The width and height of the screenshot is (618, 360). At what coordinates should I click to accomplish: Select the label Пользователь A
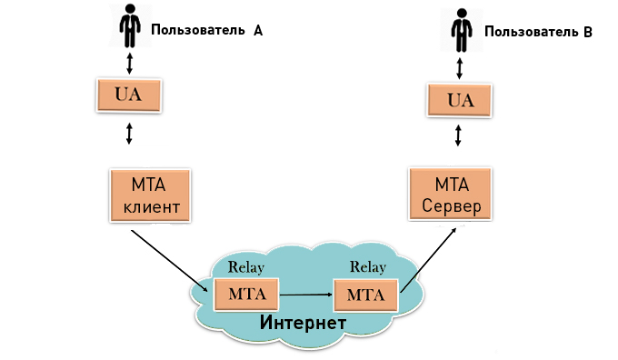click(x=207, y=29)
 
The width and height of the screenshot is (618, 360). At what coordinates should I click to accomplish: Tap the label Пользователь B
click(x=538, y=31)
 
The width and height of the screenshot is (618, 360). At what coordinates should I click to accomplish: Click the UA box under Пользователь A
click(x=129, y=95)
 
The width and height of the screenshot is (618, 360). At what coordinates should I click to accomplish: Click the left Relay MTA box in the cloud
click(x=245, y=295)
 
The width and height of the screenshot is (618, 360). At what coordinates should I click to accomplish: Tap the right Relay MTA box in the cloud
click(x=366, y=295)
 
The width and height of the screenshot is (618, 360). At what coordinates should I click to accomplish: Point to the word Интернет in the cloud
click(x=303, y=323)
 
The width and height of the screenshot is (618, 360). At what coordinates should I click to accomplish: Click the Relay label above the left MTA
click(x=245, y=267)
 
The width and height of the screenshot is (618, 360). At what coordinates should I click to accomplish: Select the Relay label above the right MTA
click(x=367, y=268)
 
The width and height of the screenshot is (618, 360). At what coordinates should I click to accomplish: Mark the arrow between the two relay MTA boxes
click(x=306, y=295)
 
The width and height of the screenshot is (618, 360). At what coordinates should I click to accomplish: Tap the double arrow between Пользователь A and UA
click(x=129, y=62)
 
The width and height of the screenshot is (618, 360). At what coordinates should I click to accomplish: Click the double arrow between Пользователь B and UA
click(x=460, y=65)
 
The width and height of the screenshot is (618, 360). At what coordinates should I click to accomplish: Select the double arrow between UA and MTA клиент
click(x=129, y=134)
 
